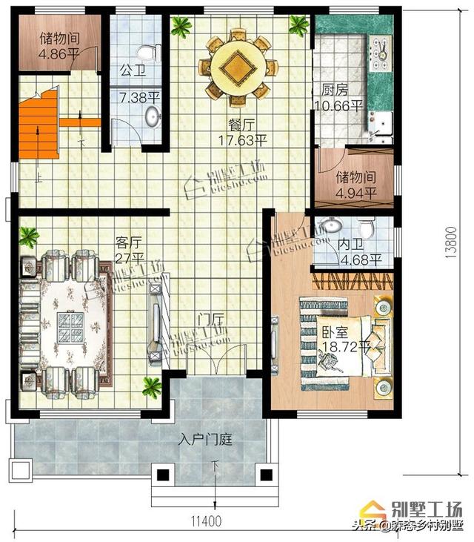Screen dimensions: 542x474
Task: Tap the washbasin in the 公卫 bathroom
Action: (x=153, y=116)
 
